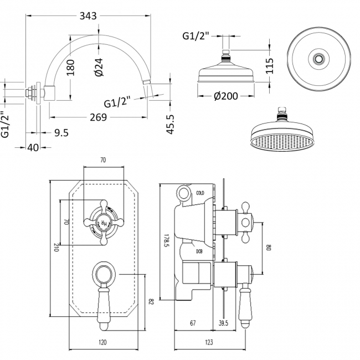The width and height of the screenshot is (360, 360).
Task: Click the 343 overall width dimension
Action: [88, 16]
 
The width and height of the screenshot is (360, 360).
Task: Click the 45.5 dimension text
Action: [170, 124]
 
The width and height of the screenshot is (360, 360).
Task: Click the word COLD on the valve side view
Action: [200, 193]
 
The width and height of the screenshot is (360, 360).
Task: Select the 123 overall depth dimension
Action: [208, 343]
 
